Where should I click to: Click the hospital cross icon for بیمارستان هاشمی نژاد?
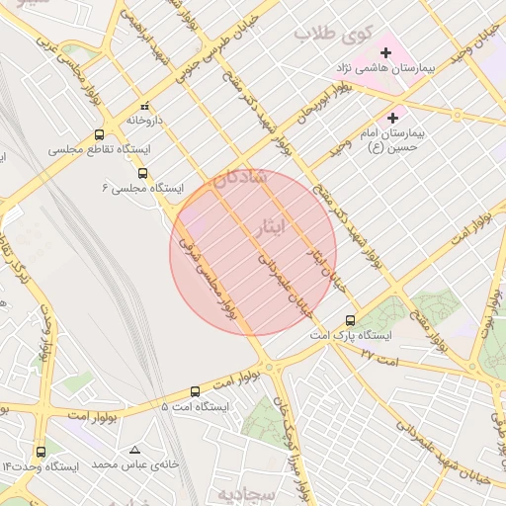pos(385,52)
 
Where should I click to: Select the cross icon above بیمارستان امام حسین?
pos(393,118)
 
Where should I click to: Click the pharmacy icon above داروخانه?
pos(145,105)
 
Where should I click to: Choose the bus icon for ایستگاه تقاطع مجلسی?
pos(99,135)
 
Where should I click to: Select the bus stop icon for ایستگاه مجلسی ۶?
pos(142,172)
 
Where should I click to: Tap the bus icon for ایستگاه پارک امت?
pos(350,320)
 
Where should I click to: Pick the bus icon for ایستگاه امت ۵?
pos(195,391)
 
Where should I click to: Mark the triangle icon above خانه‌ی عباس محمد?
pos(134,450)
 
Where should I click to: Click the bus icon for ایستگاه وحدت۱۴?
pos(41,452)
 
